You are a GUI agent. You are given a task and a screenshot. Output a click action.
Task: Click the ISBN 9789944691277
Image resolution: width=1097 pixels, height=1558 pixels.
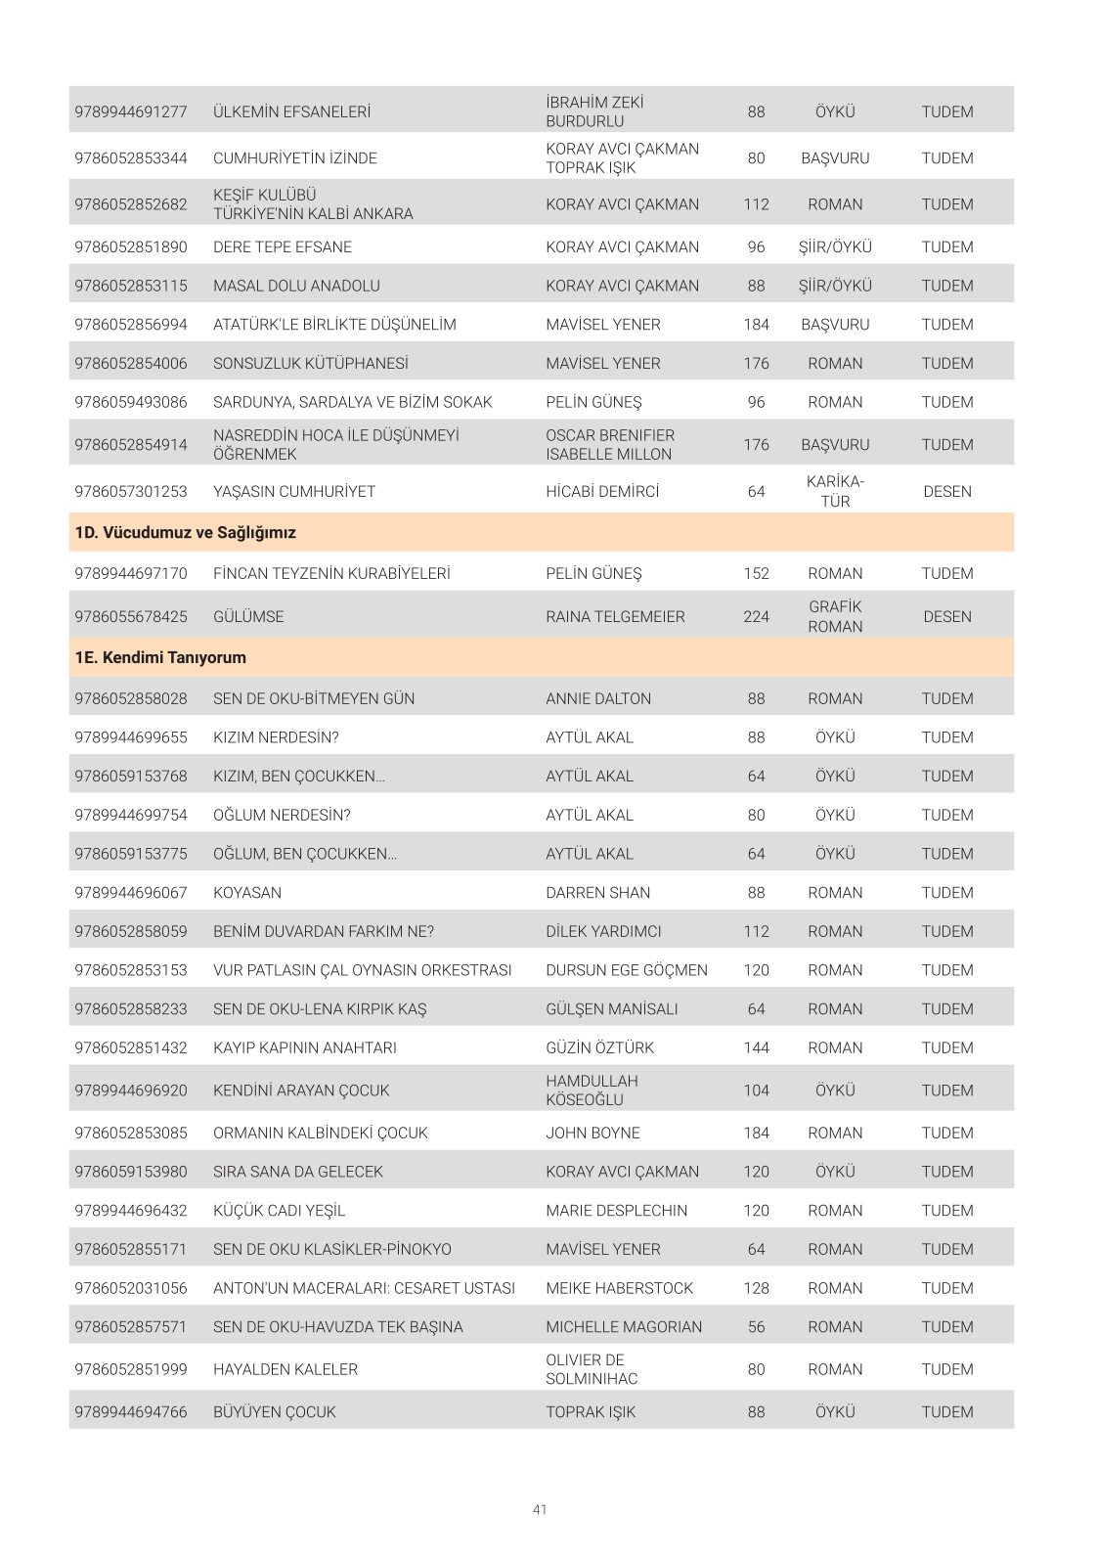pyautogui.click(x=131, y=111)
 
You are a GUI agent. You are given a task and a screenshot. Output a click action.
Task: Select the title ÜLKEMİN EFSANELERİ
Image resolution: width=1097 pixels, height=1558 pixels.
pyautogui.click(x=291, y=111)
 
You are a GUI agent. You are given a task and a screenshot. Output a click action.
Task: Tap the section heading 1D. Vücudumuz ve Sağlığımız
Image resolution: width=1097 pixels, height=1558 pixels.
pyautogui.click(x=185, y=533)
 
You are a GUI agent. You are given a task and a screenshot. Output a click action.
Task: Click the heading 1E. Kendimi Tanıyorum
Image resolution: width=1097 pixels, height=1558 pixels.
pyautogui.click(x=160, y=658)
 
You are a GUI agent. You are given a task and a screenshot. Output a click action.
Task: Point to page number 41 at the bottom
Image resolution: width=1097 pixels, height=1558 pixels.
pyautogui.click(x=540, y=1510)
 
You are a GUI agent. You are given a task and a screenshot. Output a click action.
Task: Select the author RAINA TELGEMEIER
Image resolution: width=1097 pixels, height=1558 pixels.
pyautogui.click(x=615, y=617)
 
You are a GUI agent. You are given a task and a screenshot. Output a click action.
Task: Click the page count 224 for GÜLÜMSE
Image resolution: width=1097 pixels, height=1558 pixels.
pyautogui.click(x=756, y=617)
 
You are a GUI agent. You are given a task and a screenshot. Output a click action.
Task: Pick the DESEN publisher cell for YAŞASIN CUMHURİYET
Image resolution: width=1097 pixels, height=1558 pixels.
pyautogui.click(x=946, y=492)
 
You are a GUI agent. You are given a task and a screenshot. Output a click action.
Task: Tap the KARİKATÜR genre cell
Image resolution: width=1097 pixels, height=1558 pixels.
pyautogui.click(x=835, y=492)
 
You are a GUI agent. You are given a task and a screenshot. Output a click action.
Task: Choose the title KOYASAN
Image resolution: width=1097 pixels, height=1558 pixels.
pyautogui.click(x=247, y=893)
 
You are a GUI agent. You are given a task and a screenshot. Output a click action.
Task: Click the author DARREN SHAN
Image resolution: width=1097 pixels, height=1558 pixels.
pyautogui.click(x=597, y=893)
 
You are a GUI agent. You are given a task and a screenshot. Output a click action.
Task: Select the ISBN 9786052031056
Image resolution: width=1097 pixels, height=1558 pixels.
pyautogui.click(x=131, y=1288)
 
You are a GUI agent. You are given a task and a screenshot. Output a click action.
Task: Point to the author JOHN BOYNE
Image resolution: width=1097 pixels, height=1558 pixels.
pyautogui.click(x=592, y=1133)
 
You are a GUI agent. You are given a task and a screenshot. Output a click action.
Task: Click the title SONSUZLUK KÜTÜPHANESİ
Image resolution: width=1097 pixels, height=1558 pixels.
pyautogui.click(x=311, y=364)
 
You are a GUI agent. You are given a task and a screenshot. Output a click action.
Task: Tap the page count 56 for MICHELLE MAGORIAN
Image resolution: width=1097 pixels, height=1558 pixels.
pyautogui.click(x=756, y=1327)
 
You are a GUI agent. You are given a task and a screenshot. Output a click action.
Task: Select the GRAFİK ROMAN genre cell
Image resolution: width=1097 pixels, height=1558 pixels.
pyautogui.click(x=835, y=617)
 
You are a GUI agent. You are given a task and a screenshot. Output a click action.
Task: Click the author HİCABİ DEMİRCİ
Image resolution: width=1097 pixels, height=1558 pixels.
pyautogui.click(x=602, y=492)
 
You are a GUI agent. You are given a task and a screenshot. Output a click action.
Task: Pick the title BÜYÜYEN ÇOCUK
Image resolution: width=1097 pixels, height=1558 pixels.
pyautogui.click(x=274, y=1412)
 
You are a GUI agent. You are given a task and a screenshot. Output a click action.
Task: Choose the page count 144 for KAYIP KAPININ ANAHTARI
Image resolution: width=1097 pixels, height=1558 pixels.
pyautogui.click(x=756, y=1048)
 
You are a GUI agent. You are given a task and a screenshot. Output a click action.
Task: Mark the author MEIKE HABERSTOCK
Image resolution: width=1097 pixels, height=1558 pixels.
pyautogui.click(x=619, y=1288)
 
